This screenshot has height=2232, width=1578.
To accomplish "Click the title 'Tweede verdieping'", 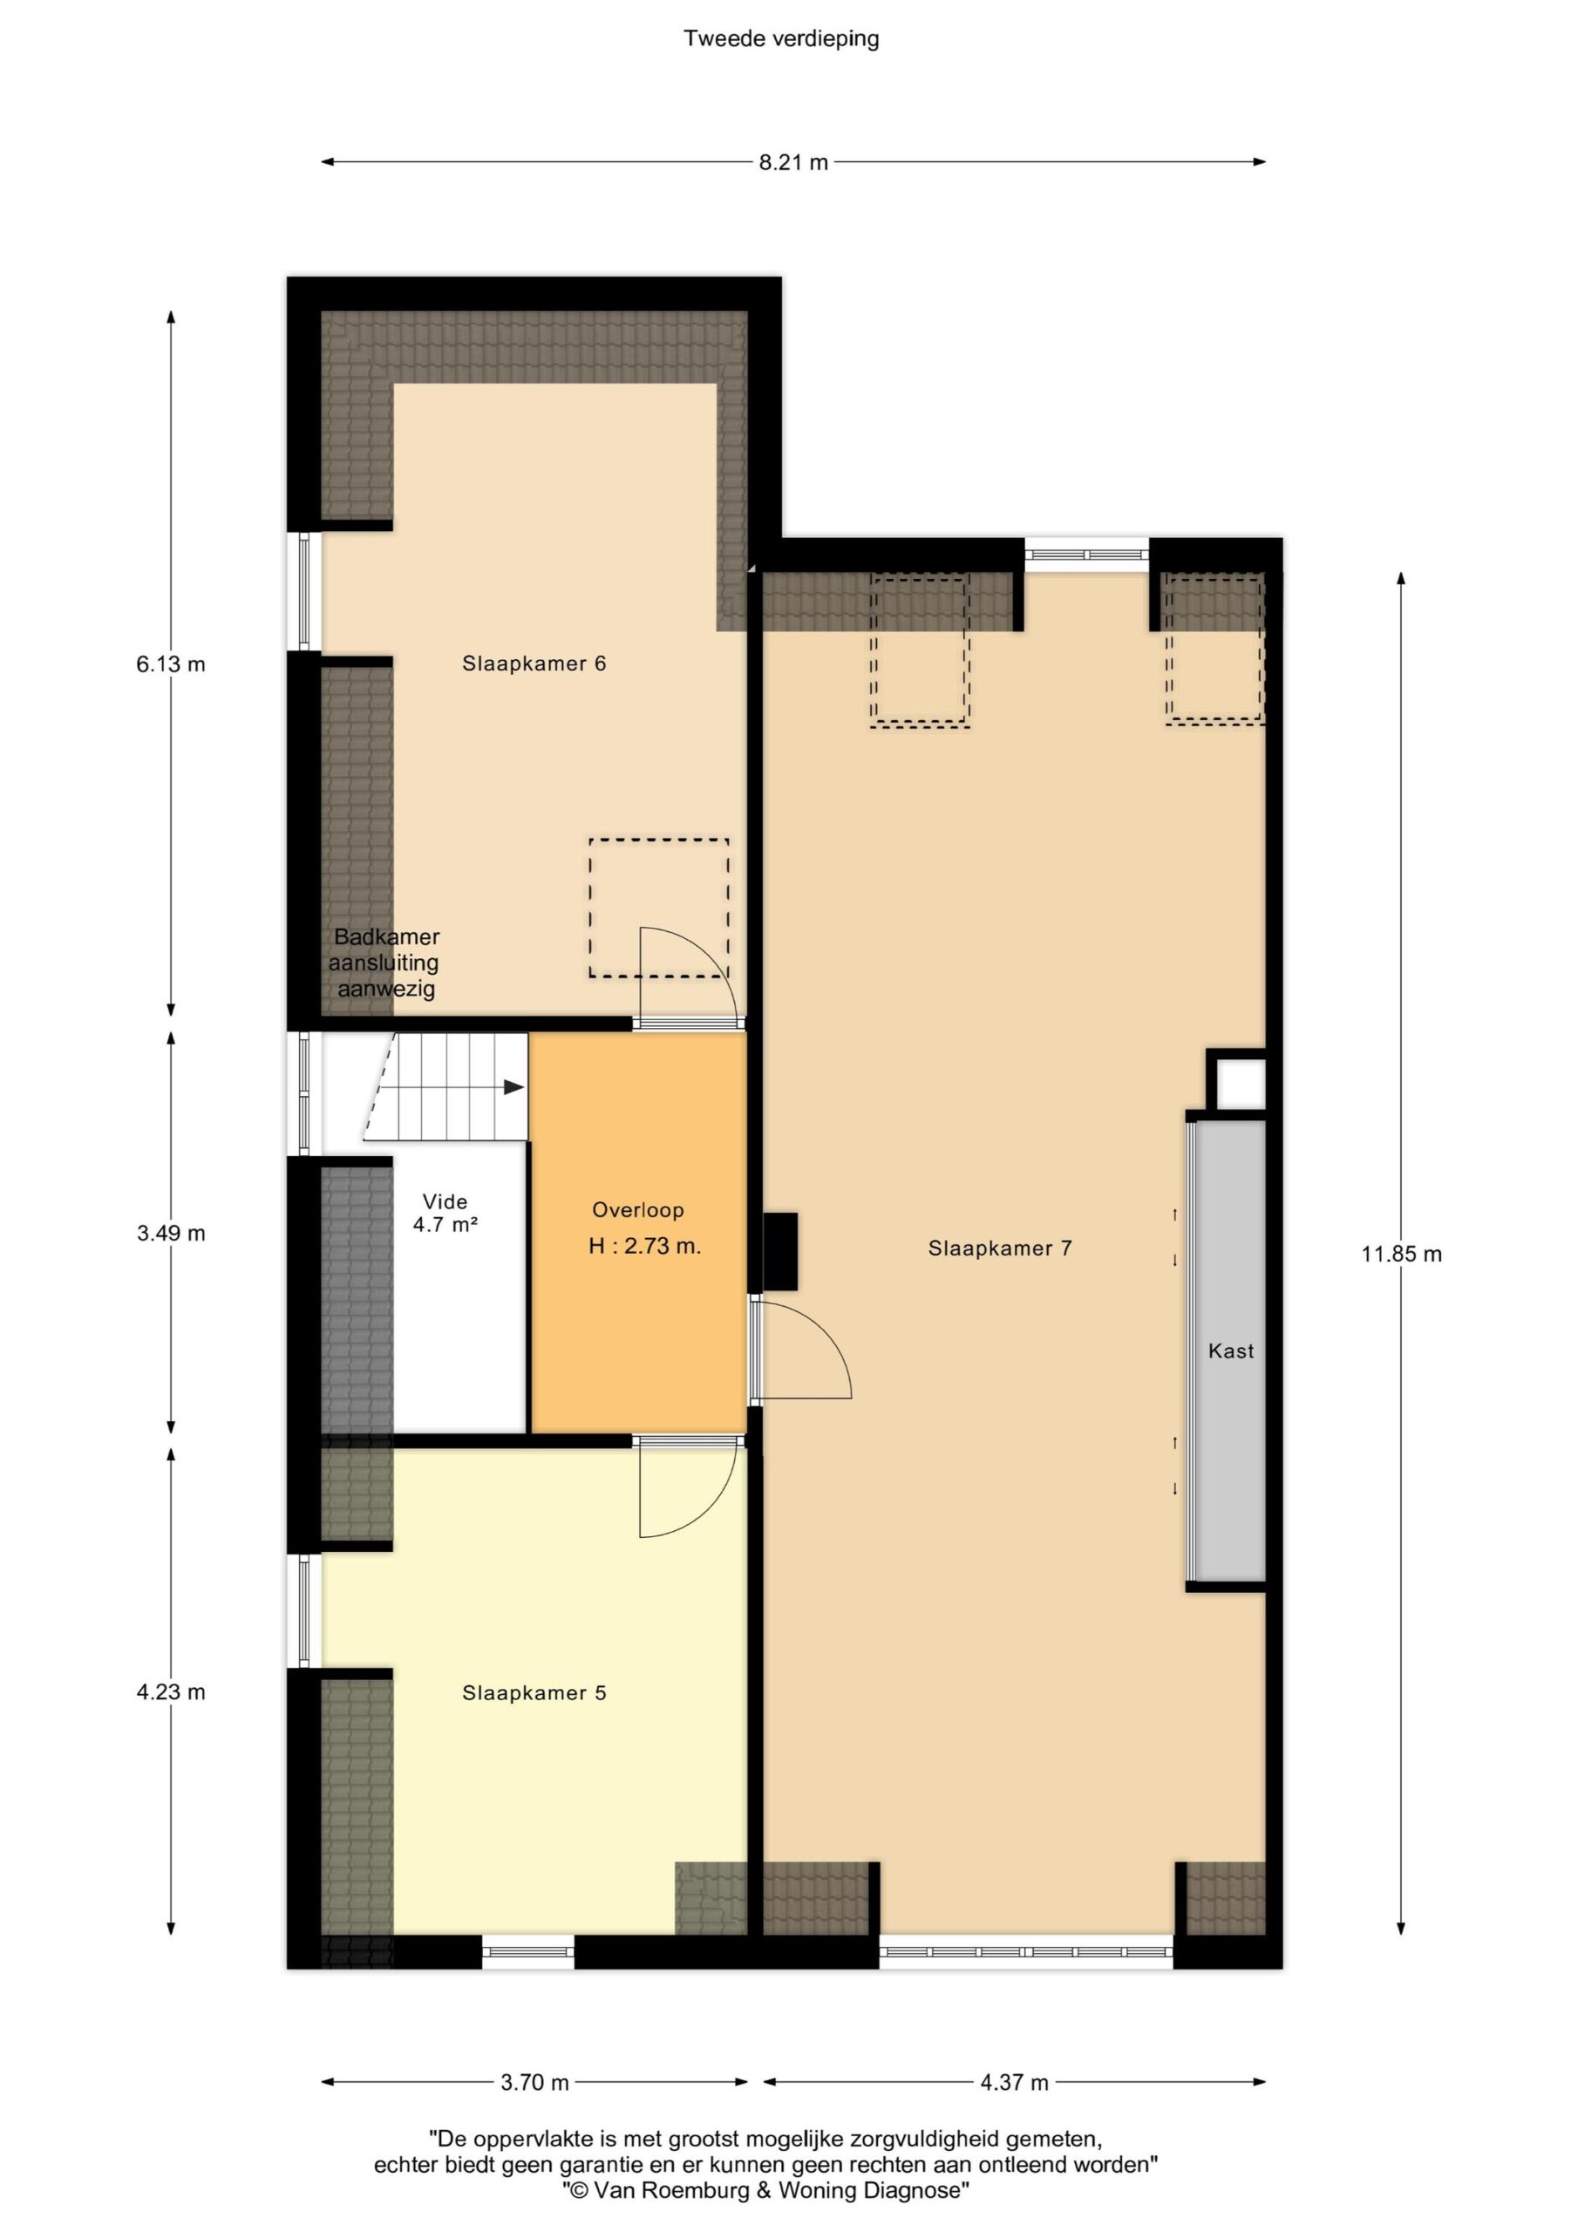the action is [781, 39].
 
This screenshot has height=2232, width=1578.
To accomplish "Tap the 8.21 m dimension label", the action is [793, 162].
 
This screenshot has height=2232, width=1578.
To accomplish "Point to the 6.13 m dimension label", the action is [171, 665].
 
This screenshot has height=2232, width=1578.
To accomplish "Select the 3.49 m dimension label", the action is [171, 1234].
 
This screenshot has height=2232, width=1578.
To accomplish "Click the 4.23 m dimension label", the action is [171, 1691].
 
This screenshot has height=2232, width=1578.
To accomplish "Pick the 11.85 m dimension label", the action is [1401, 1254].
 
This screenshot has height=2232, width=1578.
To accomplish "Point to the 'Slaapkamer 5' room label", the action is [534, 1692].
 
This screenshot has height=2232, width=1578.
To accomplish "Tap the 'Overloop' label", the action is [638, 1210].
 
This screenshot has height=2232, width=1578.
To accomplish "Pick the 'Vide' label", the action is [446, 1201].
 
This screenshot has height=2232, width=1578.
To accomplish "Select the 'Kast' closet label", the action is [1231, 1351].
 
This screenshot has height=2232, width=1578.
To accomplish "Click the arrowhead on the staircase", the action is [514, 1087].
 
